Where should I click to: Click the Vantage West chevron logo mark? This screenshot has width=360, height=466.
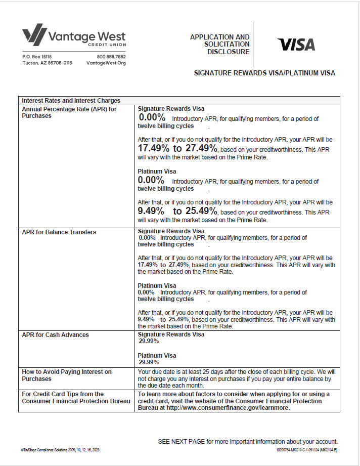coord(33,34)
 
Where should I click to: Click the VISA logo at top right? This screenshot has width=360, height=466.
coord(296,45)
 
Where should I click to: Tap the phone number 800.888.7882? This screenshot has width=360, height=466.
coord(111,57)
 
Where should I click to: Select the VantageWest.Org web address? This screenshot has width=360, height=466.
coord(106,63)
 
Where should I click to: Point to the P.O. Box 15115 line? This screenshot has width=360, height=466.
coord(37,57)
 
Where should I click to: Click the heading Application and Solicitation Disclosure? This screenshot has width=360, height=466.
coord(220,45)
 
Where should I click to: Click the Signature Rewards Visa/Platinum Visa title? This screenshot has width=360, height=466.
coord(264,73)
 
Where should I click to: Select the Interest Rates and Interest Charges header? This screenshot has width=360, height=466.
coord(71,100)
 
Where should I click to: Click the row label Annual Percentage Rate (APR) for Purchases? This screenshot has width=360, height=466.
coord(69,112)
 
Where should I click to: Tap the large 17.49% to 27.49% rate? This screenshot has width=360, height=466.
coord(177,148)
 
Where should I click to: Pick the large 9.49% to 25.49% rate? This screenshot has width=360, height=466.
coord(177,211)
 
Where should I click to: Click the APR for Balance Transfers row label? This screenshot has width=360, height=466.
coord(59,232)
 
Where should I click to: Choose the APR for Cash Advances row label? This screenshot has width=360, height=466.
coord(56,335)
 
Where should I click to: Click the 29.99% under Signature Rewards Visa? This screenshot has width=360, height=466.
coord(149,342)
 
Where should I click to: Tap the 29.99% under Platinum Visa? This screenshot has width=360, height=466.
coord(149,362)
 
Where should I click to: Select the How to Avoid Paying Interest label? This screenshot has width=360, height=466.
coord(67,375)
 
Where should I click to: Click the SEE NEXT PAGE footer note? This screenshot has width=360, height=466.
coord(248,442)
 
